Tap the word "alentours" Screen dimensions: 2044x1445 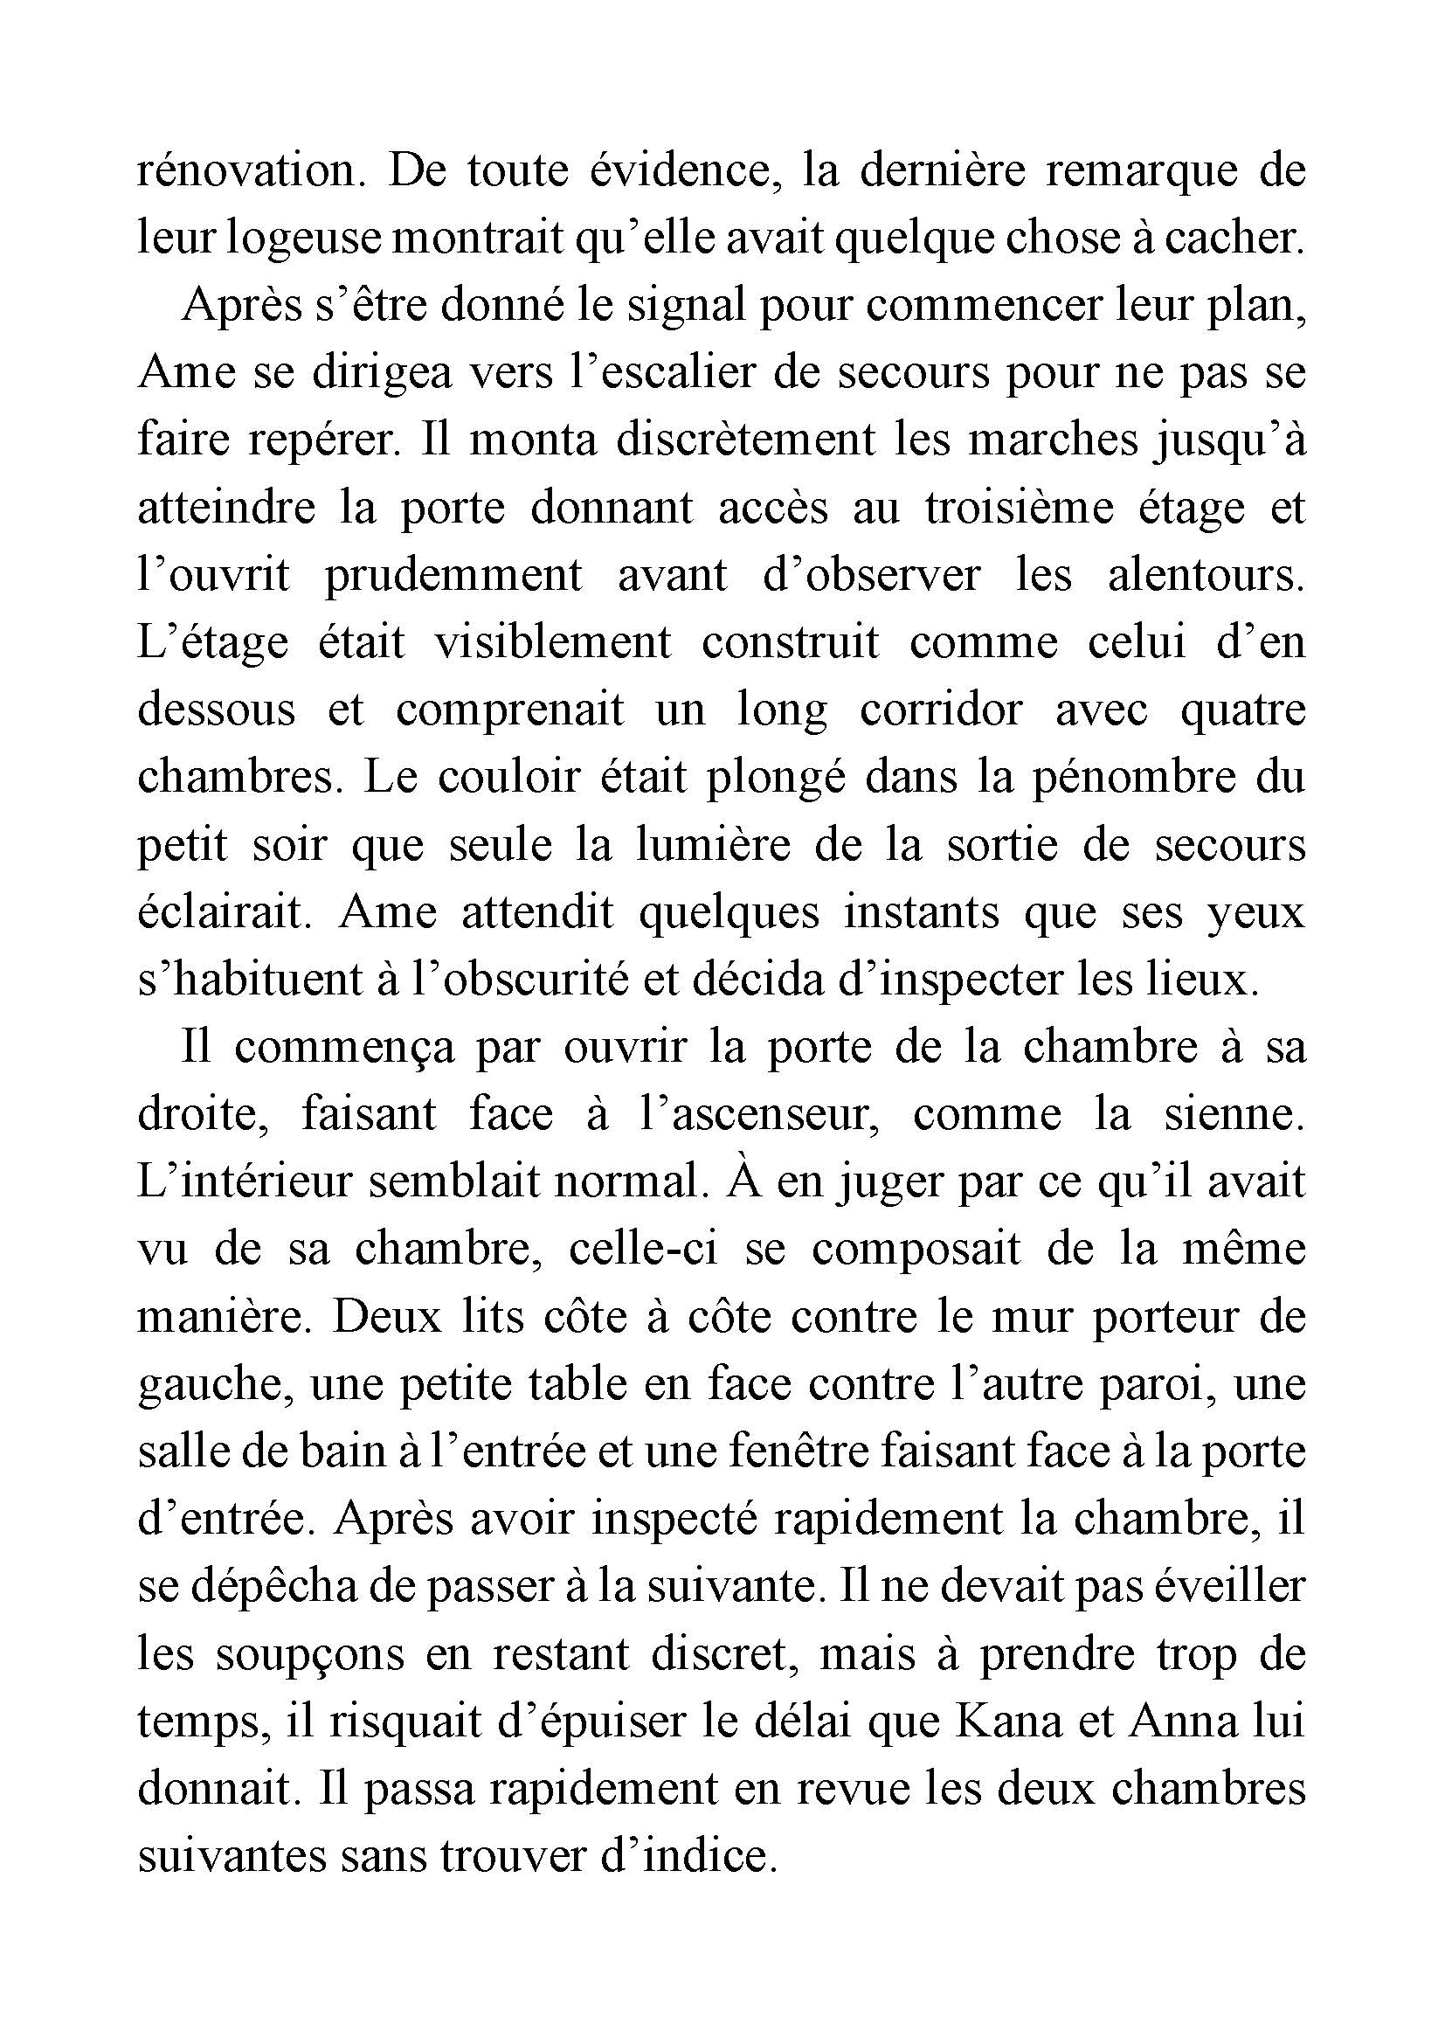1206,575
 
